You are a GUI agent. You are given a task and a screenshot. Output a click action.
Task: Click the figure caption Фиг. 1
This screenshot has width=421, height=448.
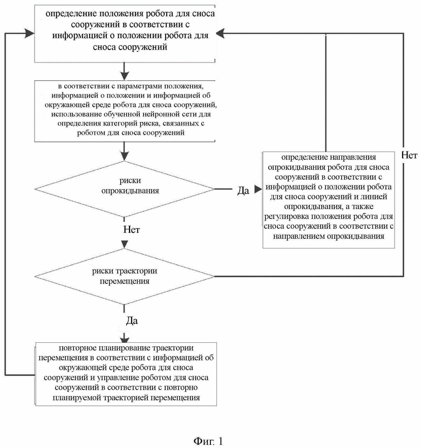coord(208,441)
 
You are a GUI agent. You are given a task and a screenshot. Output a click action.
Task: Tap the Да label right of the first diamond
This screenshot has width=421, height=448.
coord(243,190)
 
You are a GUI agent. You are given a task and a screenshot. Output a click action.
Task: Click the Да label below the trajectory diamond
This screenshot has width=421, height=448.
coord(132,321)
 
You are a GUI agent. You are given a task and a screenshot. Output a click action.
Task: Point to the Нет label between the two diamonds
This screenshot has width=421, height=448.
coord(132,230)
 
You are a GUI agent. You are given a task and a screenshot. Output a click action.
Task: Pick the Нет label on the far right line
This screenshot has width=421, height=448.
coord(409,155)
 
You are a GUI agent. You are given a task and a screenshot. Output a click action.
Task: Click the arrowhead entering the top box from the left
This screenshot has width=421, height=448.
coord(30,33)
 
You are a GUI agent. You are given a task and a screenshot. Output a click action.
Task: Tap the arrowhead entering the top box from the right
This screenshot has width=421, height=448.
coord(220,33)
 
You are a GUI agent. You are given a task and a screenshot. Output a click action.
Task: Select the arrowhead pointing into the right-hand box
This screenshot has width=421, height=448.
coord(258,189)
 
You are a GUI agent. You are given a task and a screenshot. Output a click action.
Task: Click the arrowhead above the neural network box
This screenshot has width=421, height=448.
coord(124,75)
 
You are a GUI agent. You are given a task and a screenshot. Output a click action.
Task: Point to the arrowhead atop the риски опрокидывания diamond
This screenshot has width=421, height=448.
coord(124,156)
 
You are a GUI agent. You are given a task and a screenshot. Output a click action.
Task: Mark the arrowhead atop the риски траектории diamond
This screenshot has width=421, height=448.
coord(124,245)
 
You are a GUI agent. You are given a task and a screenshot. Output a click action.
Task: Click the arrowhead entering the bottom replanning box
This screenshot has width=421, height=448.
coord(124,340)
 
